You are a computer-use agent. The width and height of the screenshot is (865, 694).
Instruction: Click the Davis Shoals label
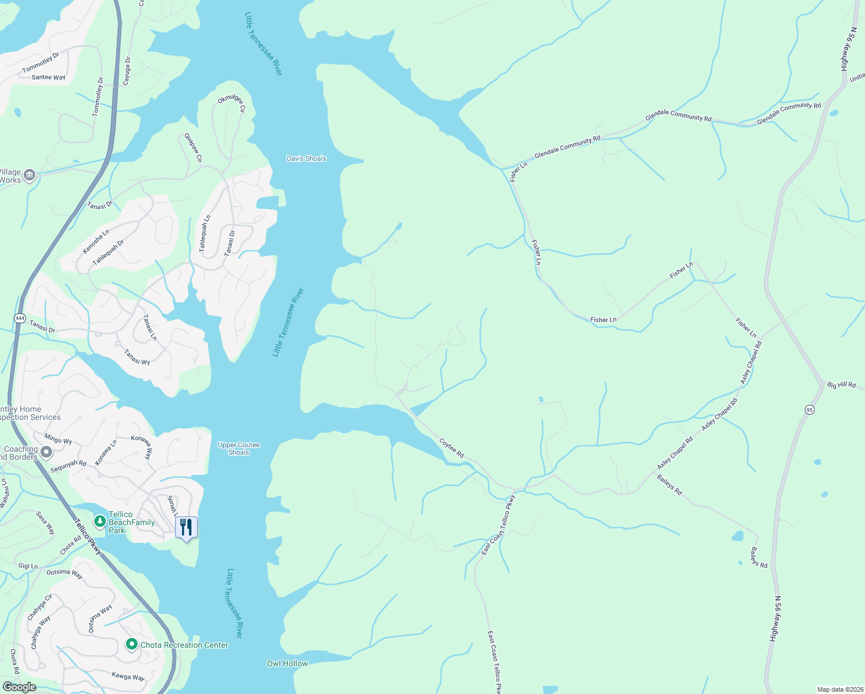point(306,158)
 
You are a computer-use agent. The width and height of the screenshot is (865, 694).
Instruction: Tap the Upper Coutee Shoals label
point(239,449)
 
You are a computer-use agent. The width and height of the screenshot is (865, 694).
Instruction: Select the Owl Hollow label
point(287,663)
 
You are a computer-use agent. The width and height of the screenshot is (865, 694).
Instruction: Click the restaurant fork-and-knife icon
point(186,527)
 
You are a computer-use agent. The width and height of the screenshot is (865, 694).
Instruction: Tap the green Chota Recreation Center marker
point(132,644)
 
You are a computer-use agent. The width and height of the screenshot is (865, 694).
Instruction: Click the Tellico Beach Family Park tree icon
point(100,521)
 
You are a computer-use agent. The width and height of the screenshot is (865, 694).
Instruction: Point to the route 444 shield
point(20,319)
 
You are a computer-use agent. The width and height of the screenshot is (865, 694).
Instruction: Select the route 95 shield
point(809,409)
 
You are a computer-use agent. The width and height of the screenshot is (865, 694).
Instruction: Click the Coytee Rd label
point(452,448)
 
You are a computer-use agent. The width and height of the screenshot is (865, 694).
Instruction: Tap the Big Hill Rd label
point(841,385)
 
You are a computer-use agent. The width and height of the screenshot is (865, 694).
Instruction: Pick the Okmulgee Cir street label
point(232,104)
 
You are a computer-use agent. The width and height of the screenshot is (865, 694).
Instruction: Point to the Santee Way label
point(49,77)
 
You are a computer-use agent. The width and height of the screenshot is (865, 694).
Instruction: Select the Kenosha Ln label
point(96,241)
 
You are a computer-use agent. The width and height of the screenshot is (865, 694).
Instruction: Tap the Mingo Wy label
point(58,440)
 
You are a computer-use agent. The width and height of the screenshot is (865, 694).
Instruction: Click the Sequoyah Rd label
point(68,466)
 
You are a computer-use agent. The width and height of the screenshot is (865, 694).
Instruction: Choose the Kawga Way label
point(128,677)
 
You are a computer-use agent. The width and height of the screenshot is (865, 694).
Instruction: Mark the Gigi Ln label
point(28,566)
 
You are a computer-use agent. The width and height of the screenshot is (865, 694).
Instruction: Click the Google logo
point(19,687)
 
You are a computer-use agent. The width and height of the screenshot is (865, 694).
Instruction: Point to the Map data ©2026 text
point(838,689)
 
